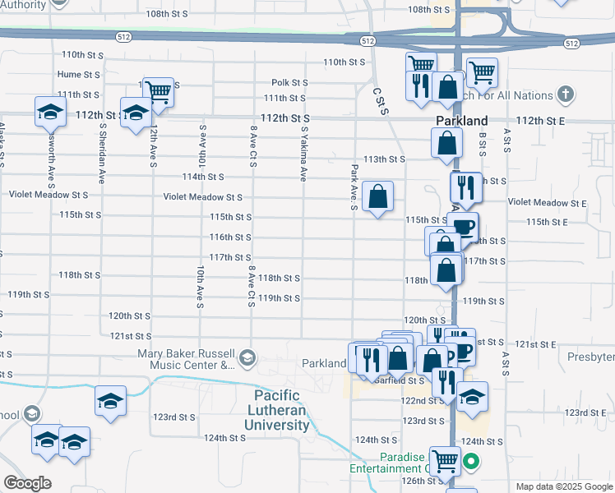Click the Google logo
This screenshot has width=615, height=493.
tap(26, 483)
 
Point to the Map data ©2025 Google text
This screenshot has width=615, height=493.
tap(563, 486)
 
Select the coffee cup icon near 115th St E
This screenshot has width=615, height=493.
tap(464, 227)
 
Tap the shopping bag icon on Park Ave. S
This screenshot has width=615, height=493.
tap(377, 197)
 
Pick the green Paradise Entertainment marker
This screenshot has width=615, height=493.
tap(470, 462)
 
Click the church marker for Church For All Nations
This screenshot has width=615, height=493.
tap(565, 94)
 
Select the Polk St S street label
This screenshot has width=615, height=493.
tap(289, 82)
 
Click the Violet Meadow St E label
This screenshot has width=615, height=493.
tap(547, 202)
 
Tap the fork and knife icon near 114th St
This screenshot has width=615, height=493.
tap(465, 187)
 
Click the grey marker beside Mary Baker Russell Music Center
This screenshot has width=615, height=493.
tap(247, 358)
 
